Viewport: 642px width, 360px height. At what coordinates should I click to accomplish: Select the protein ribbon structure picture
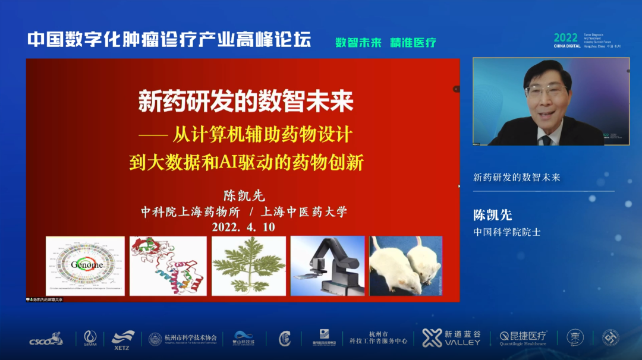(168, 266)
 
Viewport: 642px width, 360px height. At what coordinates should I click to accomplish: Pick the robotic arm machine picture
(327, 266)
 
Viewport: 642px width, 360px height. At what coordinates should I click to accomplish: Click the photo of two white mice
(406, 266)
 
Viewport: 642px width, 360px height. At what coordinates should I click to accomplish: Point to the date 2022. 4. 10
(243, 227)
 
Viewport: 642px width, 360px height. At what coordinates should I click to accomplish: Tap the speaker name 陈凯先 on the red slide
(243, 195)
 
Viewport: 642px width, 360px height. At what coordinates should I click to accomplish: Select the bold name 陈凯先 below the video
(492, 215)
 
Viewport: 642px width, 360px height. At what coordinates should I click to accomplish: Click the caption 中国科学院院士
(506, 232)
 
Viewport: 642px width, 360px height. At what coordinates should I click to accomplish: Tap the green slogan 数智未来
(358, 42)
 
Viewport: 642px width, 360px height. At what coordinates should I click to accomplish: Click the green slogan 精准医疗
(413, 42)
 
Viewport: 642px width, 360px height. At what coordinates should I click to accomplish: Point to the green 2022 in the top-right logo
(565, 37)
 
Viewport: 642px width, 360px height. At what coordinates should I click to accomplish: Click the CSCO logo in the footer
(46, 339)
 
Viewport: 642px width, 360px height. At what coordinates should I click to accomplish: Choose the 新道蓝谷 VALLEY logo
(452, 338)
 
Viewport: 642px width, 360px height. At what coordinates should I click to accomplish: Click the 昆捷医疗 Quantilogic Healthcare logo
(523, 338)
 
